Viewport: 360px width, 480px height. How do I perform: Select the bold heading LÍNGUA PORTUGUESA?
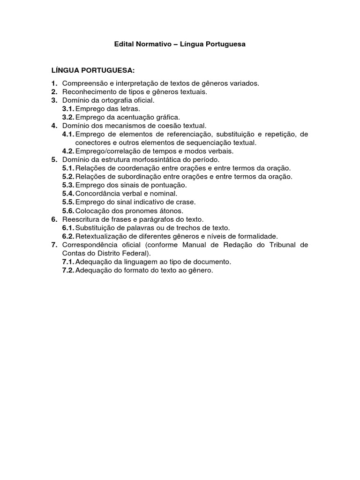93,70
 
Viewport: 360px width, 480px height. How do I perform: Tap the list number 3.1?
68,109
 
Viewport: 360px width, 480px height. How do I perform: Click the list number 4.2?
68,151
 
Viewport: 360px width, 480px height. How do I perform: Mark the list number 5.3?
68,185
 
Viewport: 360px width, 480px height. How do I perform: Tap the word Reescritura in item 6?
80,219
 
